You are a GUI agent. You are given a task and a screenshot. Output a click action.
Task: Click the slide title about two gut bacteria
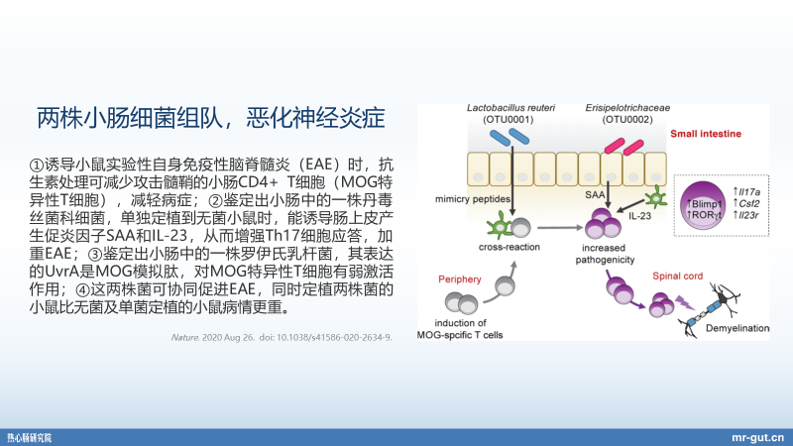click(x=210, y=118)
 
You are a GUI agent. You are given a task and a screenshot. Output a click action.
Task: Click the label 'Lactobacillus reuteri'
click(x=510, y=106)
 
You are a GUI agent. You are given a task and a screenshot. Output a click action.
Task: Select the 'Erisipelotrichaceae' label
click(x=626, y=106)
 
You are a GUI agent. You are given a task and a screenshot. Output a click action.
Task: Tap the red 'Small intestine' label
click(x=714, y=134)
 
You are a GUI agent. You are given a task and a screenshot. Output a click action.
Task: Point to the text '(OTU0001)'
click(x=509, y=120)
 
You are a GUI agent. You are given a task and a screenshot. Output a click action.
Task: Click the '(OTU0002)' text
click(x=626, y=120)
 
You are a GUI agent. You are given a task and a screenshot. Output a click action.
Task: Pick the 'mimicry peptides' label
click(x=473, y=198)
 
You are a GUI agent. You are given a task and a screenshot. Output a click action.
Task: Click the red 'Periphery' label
click(x=460, y=279)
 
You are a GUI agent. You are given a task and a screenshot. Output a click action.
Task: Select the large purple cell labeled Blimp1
click(x=701, y=199)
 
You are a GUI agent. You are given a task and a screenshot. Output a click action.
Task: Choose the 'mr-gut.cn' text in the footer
click(x=756, y=435)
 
